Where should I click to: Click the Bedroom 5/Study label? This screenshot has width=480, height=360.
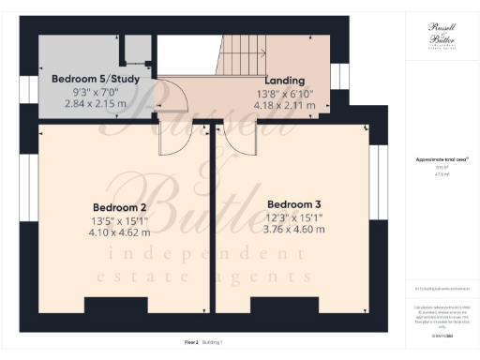95,79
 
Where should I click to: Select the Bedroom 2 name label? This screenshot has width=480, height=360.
120,207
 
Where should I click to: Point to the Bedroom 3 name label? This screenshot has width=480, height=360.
293,204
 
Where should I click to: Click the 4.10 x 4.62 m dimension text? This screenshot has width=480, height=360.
120,232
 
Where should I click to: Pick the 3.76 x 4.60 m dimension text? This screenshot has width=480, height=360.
293,228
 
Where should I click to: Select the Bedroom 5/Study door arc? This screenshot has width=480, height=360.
165,95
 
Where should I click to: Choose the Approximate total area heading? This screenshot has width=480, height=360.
442,159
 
